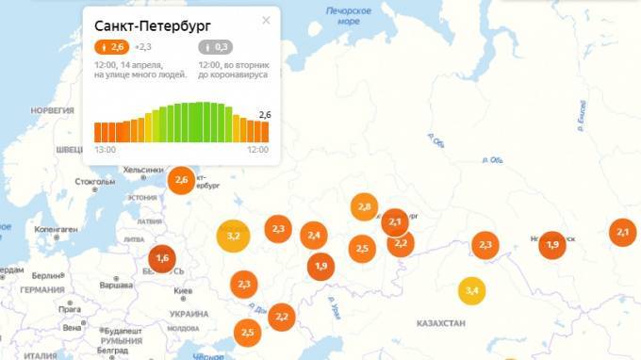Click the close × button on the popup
[266, 21]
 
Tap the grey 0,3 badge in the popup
[216, 47]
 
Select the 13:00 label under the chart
[105, 150]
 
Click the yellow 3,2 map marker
[233, 235]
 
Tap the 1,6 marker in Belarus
[162, 257]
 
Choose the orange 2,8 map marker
[365, 206]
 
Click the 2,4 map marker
[314, 236]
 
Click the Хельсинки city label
[143, 170]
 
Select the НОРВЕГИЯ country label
[52, 109]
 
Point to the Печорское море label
[343, 14]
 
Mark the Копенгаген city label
[56, 229]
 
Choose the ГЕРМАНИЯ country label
[41, 290]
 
